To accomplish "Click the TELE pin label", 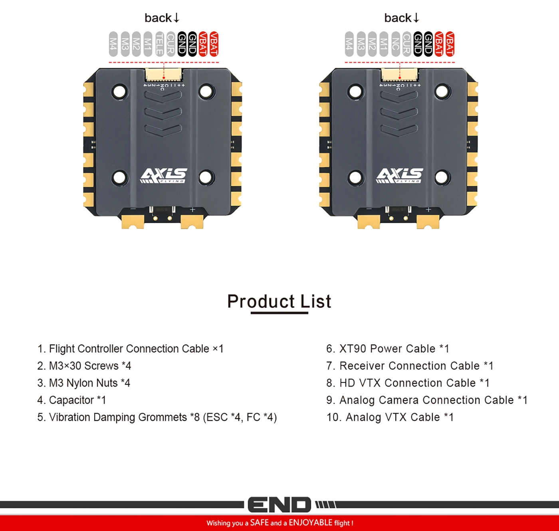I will coord(159,44).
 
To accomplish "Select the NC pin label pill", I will coord(395,44).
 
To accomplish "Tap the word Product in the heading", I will coord(261,301).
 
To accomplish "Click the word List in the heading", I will coord(316,301).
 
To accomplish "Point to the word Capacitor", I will coord(71,400).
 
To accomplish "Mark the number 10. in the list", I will coord(333,417).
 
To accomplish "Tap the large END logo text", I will coord(279,505).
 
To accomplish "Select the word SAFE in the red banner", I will coord(259,523).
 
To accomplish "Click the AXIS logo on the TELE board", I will coord(164,175).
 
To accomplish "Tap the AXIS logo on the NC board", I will coord(400,175).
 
